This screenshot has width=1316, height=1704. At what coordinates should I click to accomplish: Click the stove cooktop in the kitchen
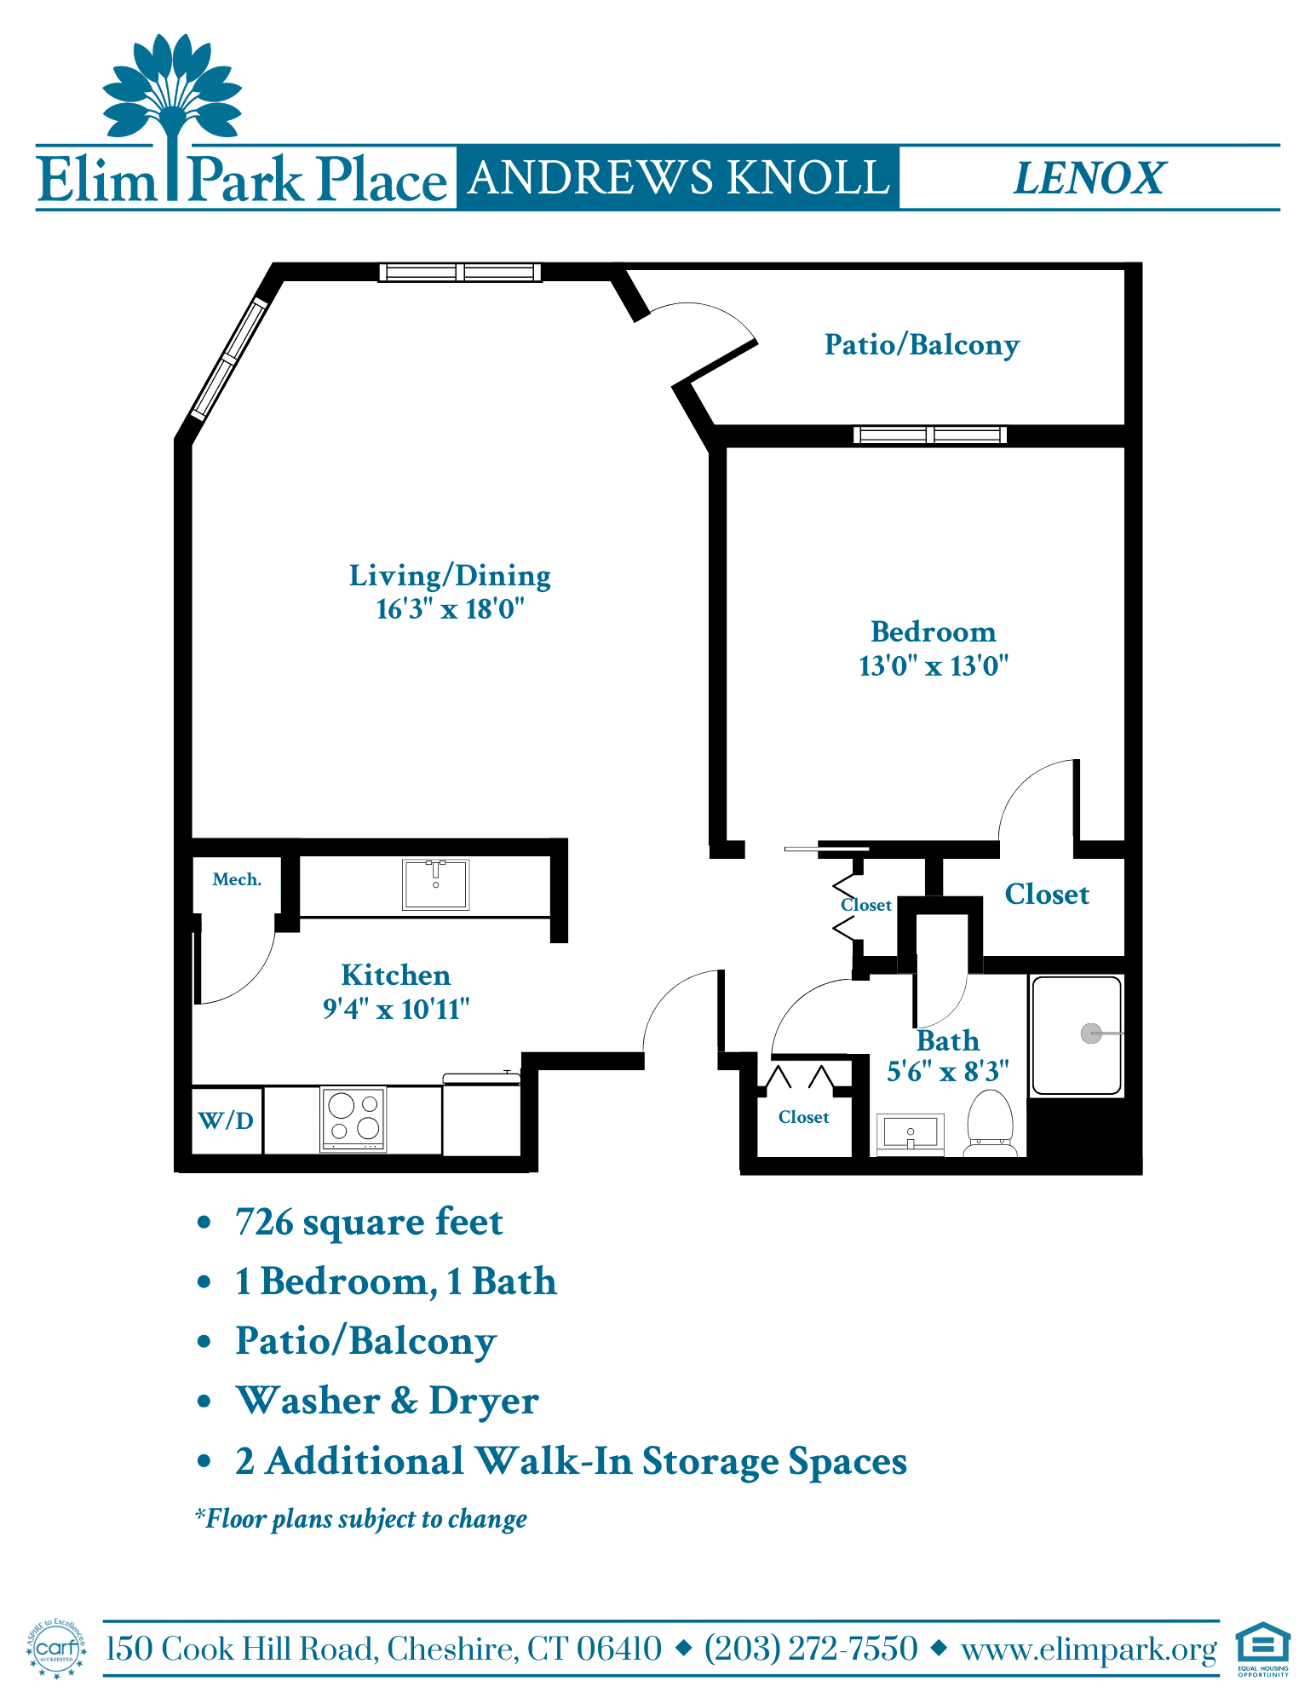pyautogui.click(x=353, y=1119)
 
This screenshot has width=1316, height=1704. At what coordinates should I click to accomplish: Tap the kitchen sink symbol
pyautogui.click(x=435, y=884)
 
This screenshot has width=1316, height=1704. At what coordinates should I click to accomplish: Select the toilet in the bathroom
pyautogui.click(x=991, y=1123)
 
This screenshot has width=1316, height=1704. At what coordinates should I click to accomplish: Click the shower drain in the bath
pyautogui.click(x=1091, y=1033)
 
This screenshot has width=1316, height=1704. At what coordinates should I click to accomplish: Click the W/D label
pyautogui.click(x=226, y=1120)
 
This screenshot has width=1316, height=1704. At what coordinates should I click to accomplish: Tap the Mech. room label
pyautogui.click(x=237, y=879)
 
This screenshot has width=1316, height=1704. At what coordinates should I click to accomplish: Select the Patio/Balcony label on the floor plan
pyautogui.click(x=922, y=345)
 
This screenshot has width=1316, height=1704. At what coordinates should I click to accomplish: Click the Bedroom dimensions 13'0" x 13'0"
pyautogui.click(x=934, y=665)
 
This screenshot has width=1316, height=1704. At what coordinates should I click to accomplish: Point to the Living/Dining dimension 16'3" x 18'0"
pyautogui.click(x=450, y=609)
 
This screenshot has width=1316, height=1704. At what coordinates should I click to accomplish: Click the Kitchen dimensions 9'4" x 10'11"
pyautogui.click(x=396, y=1009)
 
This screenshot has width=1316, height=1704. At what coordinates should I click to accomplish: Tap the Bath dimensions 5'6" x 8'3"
pyautogui.click(x=948, y=1071)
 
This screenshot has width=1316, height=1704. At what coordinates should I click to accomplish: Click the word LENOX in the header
pyautogui.click(x=1089, y=178)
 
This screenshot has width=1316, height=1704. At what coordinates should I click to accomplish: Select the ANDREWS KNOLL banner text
pyautogui.click(x=679, y=178)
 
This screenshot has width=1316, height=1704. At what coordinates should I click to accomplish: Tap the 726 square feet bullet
pyautogui.click(x=369, y=1222)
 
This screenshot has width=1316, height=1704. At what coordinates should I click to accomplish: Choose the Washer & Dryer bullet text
pyautogui.click(x=388, y=1401)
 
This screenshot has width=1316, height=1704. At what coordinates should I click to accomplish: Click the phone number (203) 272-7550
pyautogui.click(x=811, y=1649)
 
